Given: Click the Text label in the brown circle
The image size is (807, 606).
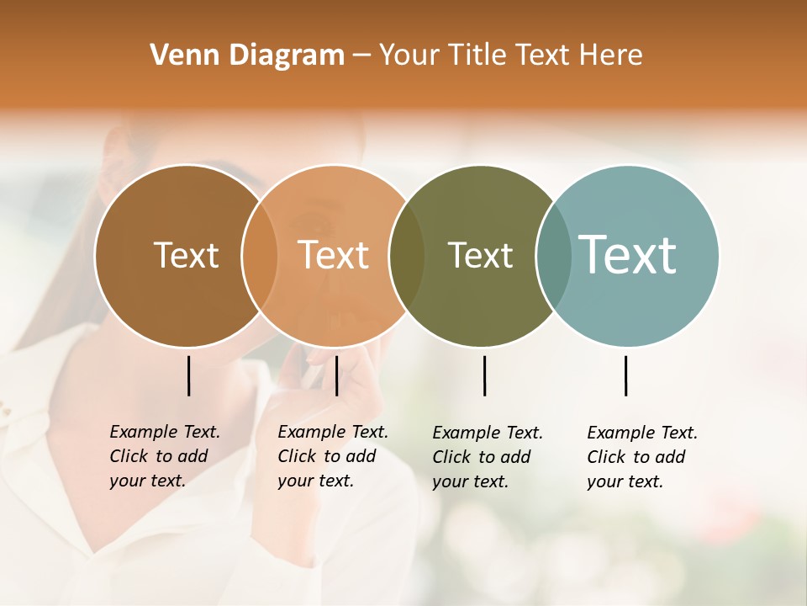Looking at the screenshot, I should pos(186,255).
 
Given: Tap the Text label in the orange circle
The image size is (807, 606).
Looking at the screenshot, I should pos(334,255).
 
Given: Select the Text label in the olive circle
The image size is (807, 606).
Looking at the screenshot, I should pos(480,255).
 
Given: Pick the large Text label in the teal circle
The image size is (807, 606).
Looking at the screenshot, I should pos(628,254).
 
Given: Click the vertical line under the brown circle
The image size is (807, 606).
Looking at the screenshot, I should pos(188,375).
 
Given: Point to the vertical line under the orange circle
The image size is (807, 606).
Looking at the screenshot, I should pos(336,375).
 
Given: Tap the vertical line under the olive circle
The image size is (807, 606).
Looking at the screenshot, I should pos(484,375).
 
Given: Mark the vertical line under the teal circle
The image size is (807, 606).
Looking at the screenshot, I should pos(625,375).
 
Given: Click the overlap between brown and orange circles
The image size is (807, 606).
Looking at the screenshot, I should pos(260,256).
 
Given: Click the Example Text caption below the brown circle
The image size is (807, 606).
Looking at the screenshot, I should pos(165,456).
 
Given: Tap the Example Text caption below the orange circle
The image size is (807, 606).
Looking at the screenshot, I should pos(333,456).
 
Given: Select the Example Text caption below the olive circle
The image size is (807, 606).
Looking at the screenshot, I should pos(488,457).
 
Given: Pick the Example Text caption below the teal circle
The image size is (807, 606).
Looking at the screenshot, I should pos(642,457).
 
